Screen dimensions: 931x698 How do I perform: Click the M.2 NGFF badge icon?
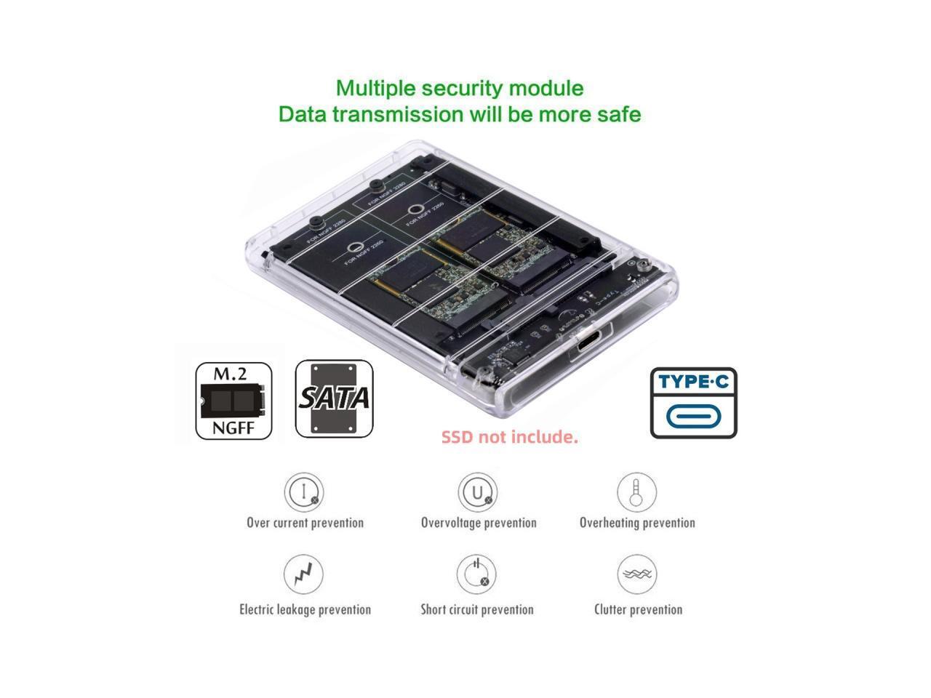click(x=233, y=401)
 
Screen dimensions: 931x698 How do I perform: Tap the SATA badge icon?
click(x=335, y=399)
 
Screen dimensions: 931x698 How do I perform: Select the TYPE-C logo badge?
click(x=693, y=403)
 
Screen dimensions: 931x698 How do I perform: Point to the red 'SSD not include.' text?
click(x=509, y=437)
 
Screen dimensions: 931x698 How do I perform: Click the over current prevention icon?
click(x=304, y=492)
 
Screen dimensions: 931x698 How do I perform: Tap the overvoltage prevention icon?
click(x=478, y=492)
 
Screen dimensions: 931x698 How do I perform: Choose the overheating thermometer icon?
click(x=636, y=492)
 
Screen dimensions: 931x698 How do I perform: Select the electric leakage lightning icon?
click(x=303, y=574)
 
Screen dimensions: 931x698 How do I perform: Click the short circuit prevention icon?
click(x=477, y=574)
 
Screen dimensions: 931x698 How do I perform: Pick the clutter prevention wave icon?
click(x=637, y=574)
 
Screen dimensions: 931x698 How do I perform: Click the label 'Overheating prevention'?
click(x=637, y=523)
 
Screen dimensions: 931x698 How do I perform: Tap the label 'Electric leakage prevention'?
click(x=305, y=609)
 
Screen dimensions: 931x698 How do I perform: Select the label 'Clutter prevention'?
click(x=638, y=609)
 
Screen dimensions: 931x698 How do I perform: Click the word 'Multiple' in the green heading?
click(x=375, y=89)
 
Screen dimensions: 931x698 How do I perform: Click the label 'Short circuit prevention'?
click(x=477, y=609)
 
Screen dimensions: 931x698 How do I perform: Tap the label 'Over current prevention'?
click(x=305, y=523)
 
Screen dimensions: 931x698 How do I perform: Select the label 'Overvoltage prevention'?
click(x=479, y=523)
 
